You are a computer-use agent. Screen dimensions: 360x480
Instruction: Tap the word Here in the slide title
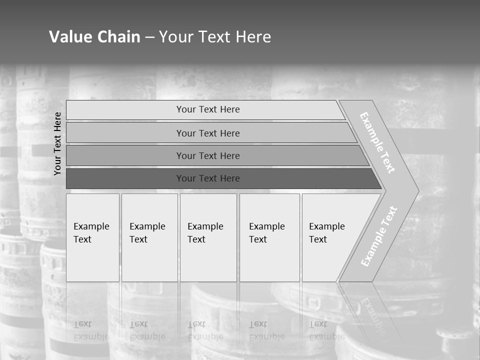click(252, 37)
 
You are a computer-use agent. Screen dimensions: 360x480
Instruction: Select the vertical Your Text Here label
click(57, 143)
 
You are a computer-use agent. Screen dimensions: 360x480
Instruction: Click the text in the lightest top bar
click(208, 109)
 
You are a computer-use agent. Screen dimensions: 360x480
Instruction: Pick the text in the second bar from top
click(208, 133)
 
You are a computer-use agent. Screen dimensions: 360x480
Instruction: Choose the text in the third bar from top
click(208, 156)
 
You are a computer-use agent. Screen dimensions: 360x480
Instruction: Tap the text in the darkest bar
click(208, 178)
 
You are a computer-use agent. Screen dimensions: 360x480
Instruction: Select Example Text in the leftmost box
click(91, 233)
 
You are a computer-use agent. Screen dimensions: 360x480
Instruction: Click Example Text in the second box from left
click(147, 233)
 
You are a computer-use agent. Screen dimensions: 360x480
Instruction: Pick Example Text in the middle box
click(205, 233)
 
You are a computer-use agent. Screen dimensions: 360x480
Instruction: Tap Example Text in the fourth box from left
click(266, 233)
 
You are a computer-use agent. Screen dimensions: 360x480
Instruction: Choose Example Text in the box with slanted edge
click(326, 233)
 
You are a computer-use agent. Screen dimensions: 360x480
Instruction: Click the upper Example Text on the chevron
click(377, 142)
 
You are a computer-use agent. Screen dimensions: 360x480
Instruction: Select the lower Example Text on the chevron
click(379, 236)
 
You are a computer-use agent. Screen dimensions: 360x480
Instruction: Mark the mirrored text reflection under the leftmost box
click(91, 330)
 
